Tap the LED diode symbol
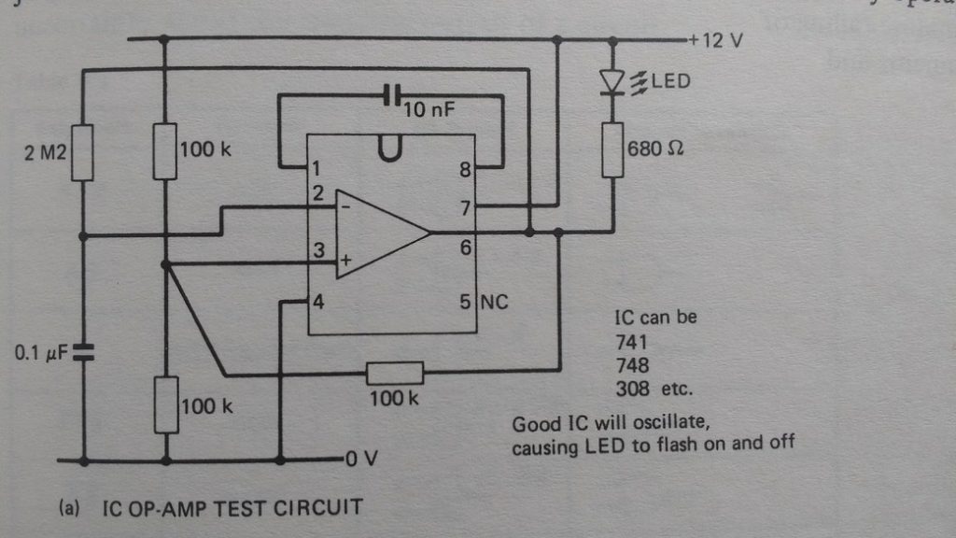[x=612, y=83]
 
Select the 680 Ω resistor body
[x=613, y=149]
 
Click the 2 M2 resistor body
[x=81, y=151]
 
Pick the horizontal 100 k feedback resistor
[x=394, y=375]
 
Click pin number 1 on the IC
[x=318, y=170]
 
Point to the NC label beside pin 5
[x=495, y=302]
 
